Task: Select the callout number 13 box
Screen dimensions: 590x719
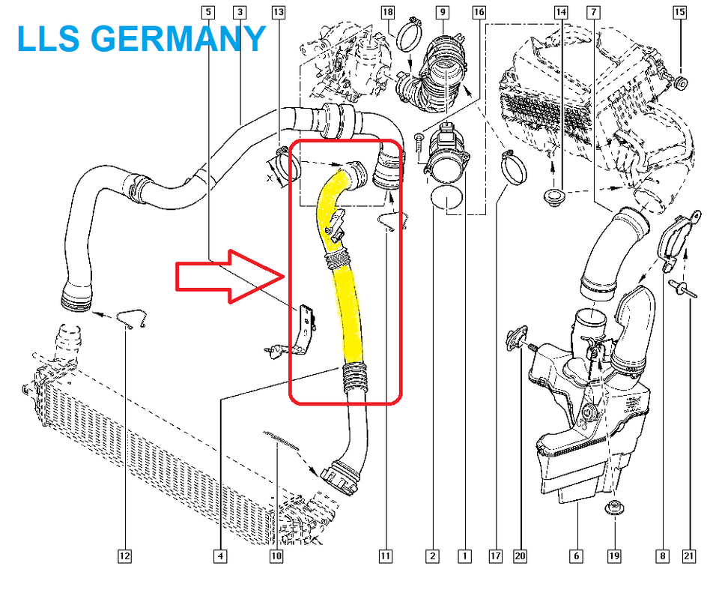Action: pos(278,12)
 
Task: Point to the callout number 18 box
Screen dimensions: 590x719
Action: pos(387,12)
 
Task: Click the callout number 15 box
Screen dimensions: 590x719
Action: pos(680,12)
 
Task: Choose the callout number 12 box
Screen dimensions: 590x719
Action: pos(124,556)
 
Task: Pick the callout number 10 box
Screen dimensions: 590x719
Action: pos(276,556)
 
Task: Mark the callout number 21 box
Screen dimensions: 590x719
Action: pos(689,556)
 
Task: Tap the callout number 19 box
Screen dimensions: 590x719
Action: pos(614,556)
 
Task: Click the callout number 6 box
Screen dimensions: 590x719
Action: pos(576,556)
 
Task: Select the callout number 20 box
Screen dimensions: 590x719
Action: pos(521,556)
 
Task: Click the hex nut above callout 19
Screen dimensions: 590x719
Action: pos(614,508)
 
